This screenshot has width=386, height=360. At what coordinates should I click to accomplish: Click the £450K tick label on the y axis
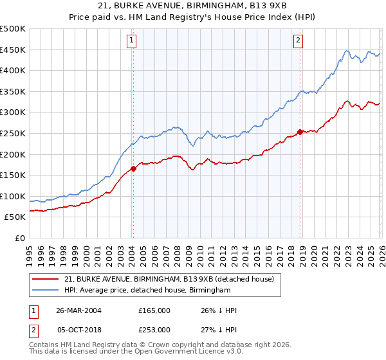point(13,50)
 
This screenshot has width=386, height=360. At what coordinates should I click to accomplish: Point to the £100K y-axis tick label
point(13,196)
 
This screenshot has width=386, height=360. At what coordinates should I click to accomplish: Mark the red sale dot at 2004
point(133,169)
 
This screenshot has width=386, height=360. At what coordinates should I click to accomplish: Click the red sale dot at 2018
point(300,132)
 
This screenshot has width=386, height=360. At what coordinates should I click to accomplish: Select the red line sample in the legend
point(45,279)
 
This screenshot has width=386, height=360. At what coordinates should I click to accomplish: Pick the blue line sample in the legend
point(45,291)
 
